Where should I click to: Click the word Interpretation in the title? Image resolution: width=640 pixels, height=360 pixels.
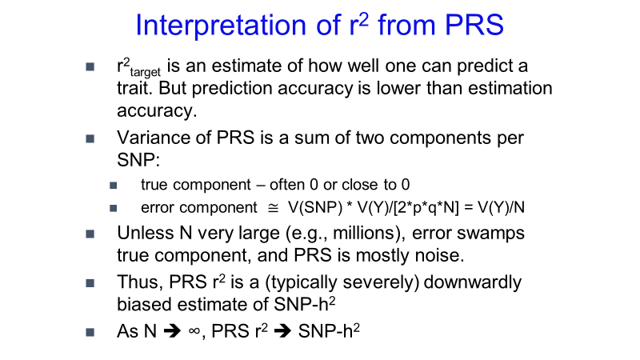221,25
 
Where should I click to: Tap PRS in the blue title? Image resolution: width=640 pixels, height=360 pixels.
474,25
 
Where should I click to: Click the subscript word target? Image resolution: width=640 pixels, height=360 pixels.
146,72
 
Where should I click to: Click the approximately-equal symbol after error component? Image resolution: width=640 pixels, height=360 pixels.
273,208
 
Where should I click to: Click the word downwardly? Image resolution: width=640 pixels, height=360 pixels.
472,282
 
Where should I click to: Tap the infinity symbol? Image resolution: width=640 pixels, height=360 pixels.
194,331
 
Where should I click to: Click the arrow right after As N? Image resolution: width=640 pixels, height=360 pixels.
172,331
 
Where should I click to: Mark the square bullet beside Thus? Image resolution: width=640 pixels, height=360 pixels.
90,283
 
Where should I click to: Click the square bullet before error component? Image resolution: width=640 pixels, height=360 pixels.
114,209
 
